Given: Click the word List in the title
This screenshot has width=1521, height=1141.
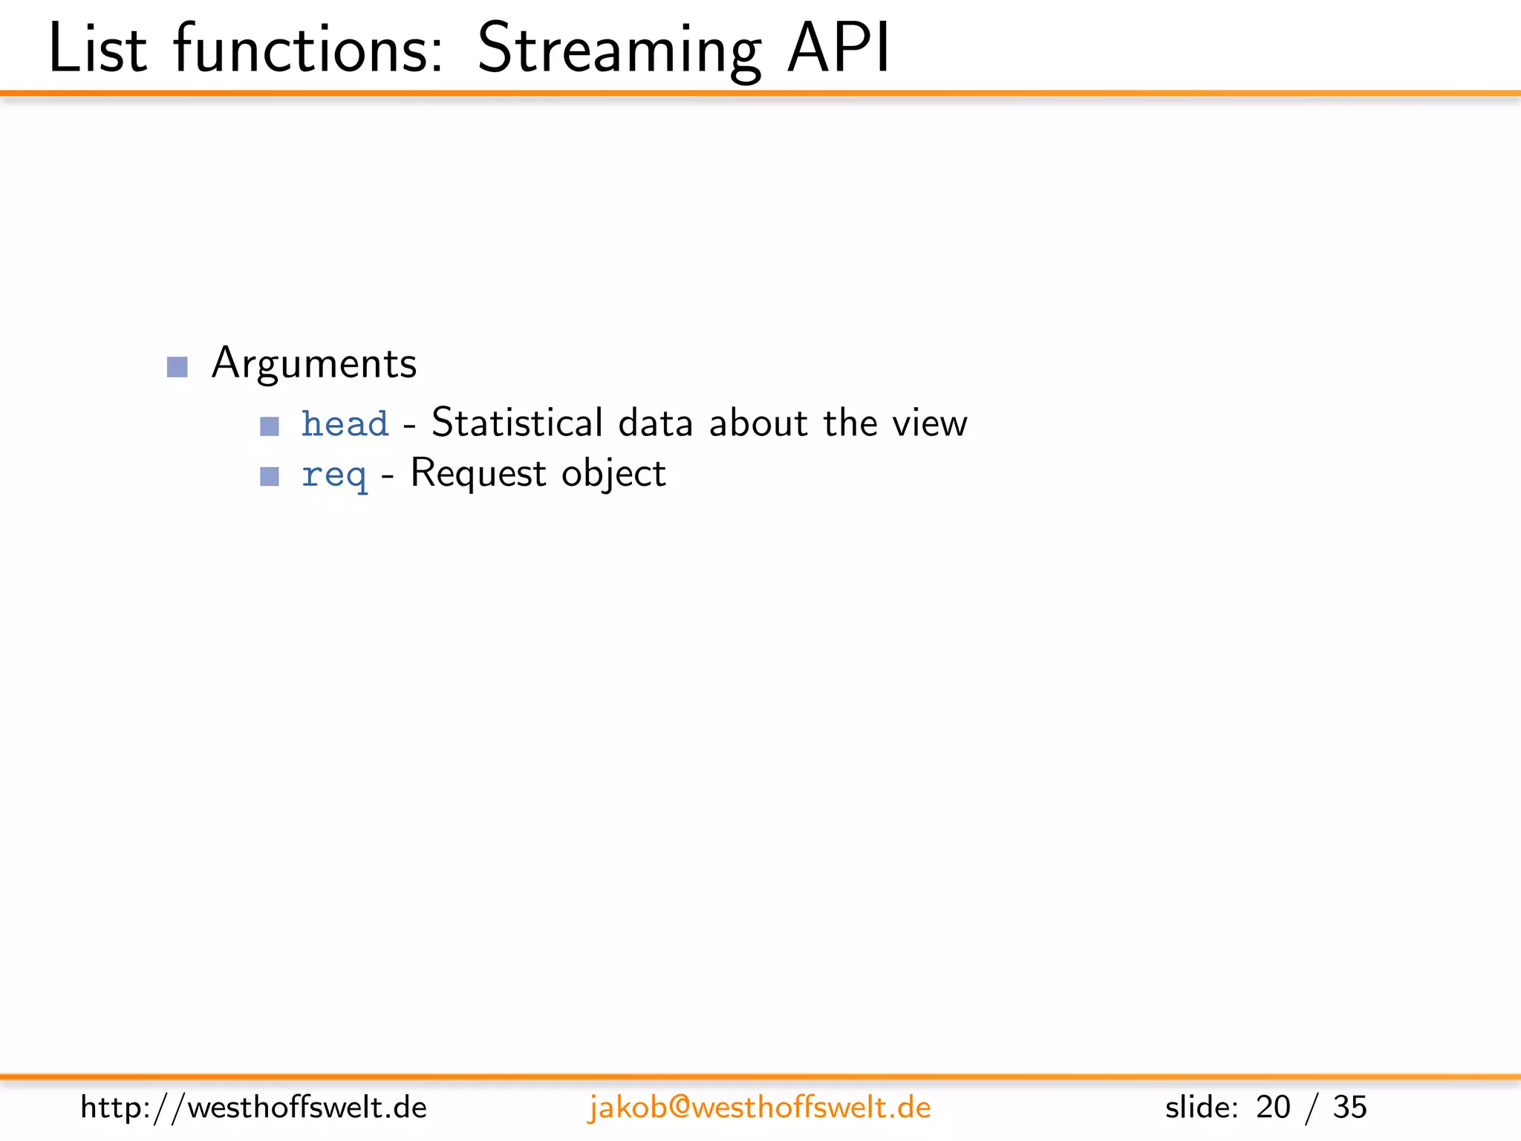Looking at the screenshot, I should (97, 49).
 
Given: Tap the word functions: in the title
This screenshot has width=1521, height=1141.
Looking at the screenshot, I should (308, 49).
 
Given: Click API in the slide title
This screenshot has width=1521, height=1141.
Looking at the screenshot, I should (838, 49).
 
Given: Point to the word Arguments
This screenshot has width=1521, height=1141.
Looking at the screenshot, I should (313, 364).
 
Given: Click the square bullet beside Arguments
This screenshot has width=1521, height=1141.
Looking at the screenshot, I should (177, 367).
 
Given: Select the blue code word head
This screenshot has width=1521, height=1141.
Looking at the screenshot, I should (345, 424).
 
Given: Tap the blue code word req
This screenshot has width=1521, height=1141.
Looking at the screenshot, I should (333, 475).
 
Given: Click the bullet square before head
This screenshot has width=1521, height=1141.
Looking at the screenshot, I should (270, 426).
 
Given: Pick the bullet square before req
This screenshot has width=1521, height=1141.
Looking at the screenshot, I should (270, 476).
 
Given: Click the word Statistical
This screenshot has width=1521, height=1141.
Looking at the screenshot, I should (517, 423).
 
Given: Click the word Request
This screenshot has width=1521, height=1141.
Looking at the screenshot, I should (478, 473).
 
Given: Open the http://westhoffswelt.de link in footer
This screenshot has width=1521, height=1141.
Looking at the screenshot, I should (253, 1108).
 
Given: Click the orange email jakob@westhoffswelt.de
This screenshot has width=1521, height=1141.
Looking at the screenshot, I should (759, 1108).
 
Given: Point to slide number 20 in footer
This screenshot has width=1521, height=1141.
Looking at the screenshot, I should (1273, 1108).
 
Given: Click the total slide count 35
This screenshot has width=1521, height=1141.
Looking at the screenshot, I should (1349, 1108).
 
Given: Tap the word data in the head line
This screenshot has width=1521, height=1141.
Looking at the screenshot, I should (655, 423).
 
